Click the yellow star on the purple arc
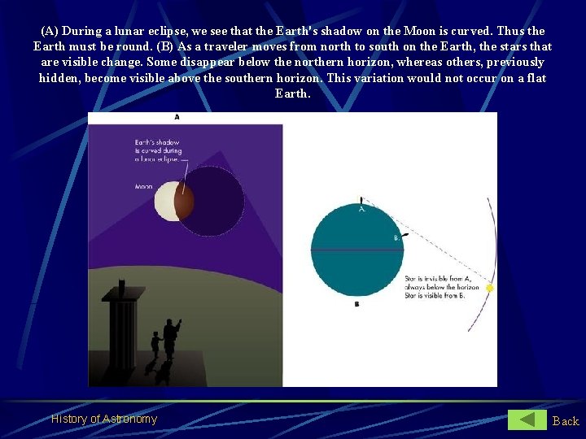coord(489,288)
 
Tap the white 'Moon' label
coord(144,186)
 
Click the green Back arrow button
coord(527,419)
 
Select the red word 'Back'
coord(566,420)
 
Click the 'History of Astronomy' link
coord(104,419)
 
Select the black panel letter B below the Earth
coord(356,304)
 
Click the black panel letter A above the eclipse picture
coord(177,117)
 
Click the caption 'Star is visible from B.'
coord(435,296)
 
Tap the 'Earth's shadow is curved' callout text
coord(159,150)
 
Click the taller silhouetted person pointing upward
coord(170,335)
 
